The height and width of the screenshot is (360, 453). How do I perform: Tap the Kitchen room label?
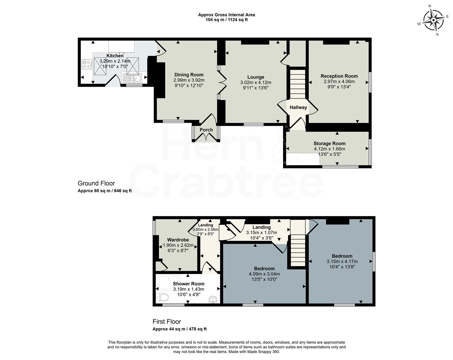[x=115, y=56]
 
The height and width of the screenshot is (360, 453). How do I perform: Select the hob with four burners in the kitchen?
[x=87, y=64]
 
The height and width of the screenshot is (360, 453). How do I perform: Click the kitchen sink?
[x=132, y=78]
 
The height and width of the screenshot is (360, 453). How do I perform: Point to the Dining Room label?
[x=189, y=75]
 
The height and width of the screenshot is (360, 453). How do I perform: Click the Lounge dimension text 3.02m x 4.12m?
[x=255, y=83]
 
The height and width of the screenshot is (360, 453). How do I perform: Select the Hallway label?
[x=298, y=107]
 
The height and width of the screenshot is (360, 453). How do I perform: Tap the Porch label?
[x=206, y=130]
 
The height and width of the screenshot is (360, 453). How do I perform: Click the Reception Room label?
[x=339, y=76]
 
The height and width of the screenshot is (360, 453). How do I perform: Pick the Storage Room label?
[x=329, y=144]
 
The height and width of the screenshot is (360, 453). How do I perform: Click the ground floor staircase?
[x=297, y=84]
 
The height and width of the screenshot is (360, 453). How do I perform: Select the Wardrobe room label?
[x=178, y=240]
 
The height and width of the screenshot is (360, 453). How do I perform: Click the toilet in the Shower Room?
[x=162, y=296]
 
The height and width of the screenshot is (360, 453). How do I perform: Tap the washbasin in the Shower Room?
[x=213, y=300]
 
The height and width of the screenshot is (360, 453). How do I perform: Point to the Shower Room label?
[x=189, y=284]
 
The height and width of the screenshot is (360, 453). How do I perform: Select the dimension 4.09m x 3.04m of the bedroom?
[x=264, y=274]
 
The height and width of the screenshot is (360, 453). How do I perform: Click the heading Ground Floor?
[x=96, y=183]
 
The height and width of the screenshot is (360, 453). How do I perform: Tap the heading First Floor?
[x=167, y=322]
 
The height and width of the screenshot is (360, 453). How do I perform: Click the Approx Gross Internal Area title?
[x=226, y=15]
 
